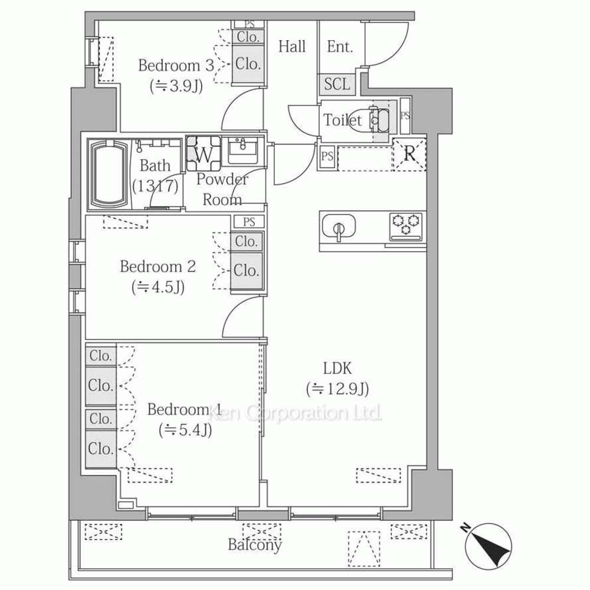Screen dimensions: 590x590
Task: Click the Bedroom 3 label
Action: pos(176,65)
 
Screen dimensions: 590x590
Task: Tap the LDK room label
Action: pos(337,368)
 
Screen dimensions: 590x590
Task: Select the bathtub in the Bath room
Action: pos(109,175)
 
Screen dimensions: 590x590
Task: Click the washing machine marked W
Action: pos(204,154)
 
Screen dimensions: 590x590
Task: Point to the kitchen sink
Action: pos(339,227)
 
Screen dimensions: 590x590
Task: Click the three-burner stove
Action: pos(406,226)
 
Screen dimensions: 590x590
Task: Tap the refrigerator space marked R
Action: pos(409,154)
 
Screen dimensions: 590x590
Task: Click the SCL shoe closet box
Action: pos(337,84)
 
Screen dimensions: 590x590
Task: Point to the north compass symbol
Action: pos(488,546)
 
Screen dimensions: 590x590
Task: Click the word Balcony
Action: pos(255,545)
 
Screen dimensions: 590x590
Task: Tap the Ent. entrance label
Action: pos(340,47)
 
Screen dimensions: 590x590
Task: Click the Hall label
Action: pos(292,47)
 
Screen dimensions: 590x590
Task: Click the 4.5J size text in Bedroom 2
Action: pos(158,287)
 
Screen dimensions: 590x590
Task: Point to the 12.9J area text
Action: pos(337,389)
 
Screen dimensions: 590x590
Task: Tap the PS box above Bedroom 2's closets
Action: pos(249,222)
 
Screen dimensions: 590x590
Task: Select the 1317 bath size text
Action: pos(155,186)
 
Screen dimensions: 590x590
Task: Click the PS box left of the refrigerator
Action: pos(327,156)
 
